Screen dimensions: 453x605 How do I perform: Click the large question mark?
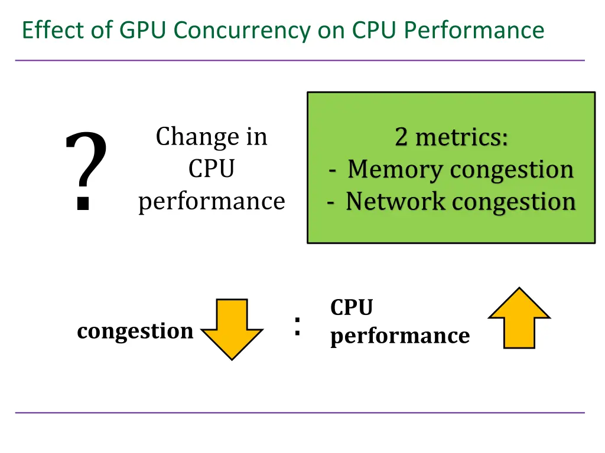point(86,170)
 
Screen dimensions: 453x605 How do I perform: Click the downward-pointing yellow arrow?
point(232,327)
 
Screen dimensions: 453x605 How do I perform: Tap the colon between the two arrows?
point(297,326)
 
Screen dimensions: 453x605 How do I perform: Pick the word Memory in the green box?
point(395,170)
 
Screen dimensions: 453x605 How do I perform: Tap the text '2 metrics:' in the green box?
point(451,137)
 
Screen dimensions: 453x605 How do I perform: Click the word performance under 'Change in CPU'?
point(212,202)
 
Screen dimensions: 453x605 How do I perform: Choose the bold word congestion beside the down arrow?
point(135,331)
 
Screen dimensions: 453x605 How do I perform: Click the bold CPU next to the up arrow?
point(352,308)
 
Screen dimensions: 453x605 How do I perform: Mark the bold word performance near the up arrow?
point(399,336)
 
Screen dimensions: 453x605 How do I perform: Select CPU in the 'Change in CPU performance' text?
point(212,169)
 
